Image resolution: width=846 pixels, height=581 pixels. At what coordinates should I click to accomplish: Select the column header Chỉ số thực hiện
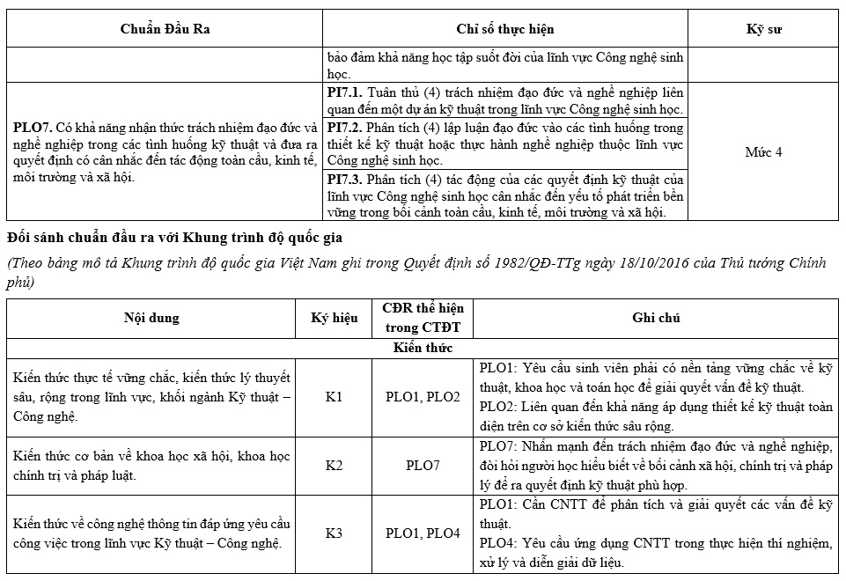point(505,29)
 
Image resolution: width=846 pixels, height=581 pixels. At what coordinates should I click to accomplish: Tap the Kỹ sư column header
point(763,29)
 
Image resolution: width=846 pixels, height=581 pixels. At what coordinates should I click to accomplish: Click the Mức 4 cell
point(763,151)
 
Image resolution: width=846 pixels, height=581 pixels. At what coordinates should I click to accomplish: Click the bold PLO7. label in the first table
point(33,127)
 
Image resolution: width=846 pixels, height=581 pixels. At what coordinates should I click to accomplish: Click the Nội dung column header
point(152,318)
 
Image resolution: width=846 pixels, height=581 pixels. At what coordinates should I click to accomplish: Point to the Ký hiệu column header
point(335,318)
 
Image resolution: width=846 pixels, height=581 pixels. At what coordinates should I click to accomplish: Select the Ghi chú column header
point(656,318)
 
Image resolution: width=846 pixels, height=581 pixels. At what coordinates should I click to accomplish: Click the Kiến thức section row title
point(423,348)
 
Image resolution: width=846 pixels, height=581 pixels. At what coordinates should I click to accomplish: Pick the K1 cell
point(334,396)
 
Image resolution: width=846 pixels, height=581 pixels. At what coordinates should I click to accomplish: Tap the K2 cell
point(334,465)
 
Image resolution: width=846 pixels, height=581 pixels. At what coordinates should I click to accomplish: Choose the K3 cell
point(334,533)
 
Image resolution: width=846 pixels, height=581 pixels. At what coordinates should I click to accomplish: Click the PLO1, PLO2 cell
point(423,396)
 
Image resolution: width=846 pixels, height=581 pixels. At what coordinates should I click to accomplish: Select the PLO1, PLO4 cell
point(423,533)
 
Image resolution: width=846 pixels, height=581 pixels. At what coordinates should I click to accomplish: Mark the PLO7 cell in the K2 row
point(423,465)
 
